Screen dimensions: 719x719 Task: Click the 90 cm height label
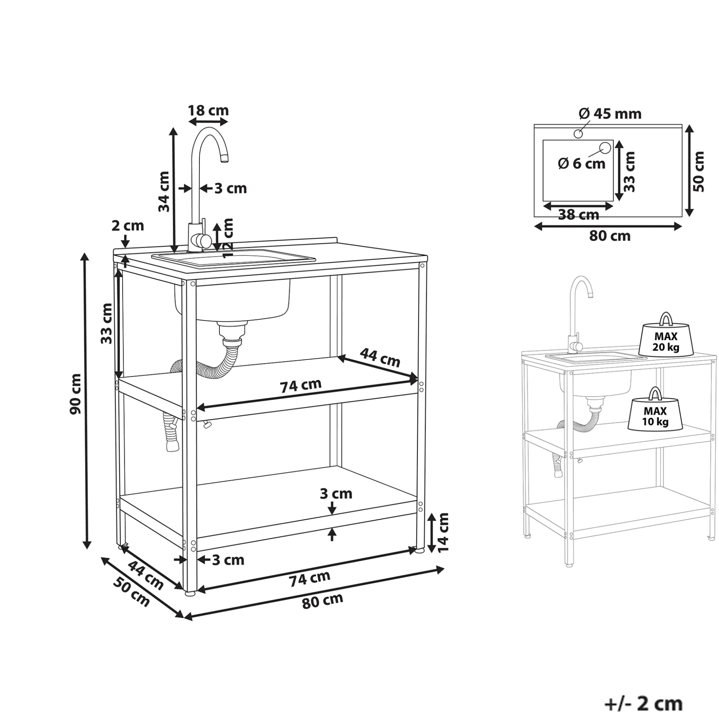click(x=76, y=394)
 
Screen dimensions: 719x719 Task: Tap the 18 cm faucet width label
click(x=208, y=111)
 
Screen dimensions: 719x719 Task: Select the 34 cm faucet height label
click(x=164, y=191)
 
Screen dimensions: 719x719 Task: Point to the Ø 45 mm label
click(x=610, y=114)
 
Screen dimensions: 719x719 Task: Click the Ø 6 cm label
click(x=581, y=164)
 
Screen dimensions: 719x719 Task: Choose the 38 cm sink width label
click(x=578, y=215)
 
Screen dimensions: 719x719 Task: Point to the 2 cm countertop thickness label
click(x=128, y=225)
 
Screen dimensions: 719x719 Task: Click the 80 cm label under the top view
click(x=610, y=235)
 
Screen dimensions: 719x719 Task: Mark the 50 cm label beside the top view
click(x=699, y=172)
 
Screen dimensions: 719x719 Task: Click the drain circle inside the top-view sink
click(x=605, y=147)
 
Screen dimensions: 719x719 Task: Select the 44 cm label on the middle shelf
click(x=380, y=357)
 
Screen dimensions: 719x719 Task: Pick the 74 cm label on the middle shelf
click(x=301, y=385)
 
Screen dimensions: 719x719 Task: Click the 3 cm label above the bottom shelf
click(x=336, y=494)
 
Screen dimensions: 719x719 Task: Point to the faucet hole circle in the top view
click(x=578, y=134)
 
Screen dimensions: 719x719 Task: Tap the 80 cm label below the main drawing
click(x=322, y=601)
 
